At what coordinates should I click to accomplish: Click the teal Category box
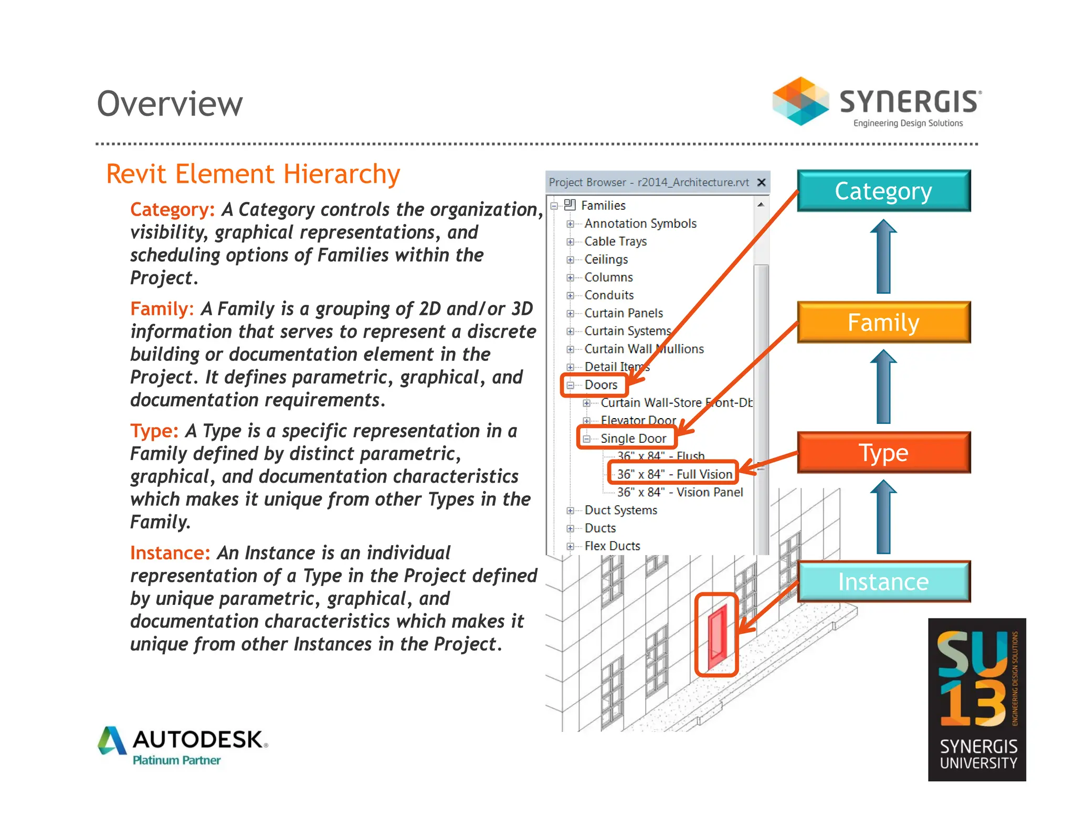(883, 191)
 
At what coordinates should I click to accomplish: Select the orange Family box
(883, 322)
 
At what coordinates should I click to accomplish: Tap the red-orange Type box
(883, 452)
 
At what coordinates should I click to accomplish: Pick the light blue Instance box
(883, 581)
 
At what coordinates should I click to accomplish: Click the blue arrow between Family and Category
(883, 257)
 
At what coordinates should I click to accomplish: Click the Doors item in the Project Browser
(600, 385)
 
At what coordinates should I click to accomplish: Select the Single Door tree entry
(633, 438)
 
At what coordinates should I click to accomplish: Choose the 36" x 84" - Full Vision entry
(674, 474)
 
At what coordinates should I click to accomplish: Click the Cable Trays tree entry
(615, 241)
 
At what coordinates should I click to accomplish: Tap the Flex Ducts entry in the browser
(612, 546)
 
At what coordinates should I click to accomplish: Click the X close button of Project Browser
(761, 182)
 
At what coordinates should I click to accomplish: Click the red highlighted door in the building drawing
(718, 636)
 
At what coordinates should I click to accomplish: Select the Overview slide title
(170, 103)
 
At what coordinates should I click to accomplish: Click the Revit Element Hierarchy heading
(253, 174)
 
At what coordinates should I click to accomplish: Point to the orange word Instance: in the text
(170, 553)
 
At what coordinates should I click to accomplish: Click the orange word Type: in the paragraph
(154, 431)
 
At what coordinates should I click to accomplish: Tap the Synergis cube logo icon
(800, 101)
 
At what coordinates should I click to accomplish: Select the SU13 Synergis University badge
(977, 699)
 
